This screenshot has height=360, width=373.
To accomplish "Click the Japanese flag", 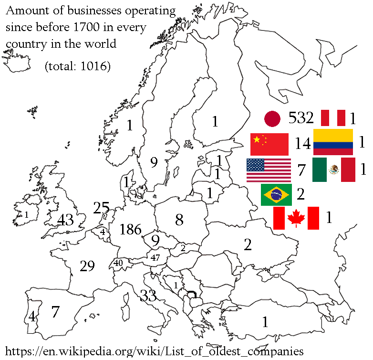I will (x=272, y=119).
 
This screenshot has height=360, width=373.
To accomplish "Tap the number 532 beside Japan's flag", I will (x=301, y=118).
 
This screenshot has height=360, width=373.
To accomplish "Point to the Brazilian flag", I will (x=277, y=195).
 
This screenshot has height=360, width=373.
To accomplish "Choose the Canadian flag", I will (x=296, y=218).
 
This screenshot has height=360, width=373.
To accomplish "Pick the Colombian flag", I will (x=333, y=142).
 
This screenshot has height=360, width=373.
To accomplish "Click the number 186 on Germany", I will (x=131, y=230).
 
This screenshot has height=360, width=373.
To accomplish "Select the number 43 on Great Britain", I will (x=65, y=220).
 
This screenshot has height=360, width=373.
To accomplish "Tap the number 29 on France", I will (x=87, y=266).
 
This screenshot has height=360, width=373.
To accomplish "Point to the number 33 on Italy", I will (x=148, y=296).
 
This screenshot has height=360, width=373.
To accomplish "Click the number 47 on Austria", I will (x=155, y=257).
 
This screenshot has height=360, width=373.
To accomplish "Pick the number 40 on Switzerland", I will (x=118, y=263).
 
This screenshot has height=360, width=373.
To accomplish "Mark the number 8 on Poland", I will (x=179, y=220).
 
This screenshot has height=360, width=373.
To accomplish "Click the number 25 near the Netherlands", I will (x=102, y=208).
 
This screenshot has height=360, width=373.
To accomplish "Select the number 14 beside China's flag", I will (x=303, y=143).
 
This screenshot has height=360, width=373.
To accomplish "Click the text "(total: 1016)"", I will (x=77, y=66).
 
